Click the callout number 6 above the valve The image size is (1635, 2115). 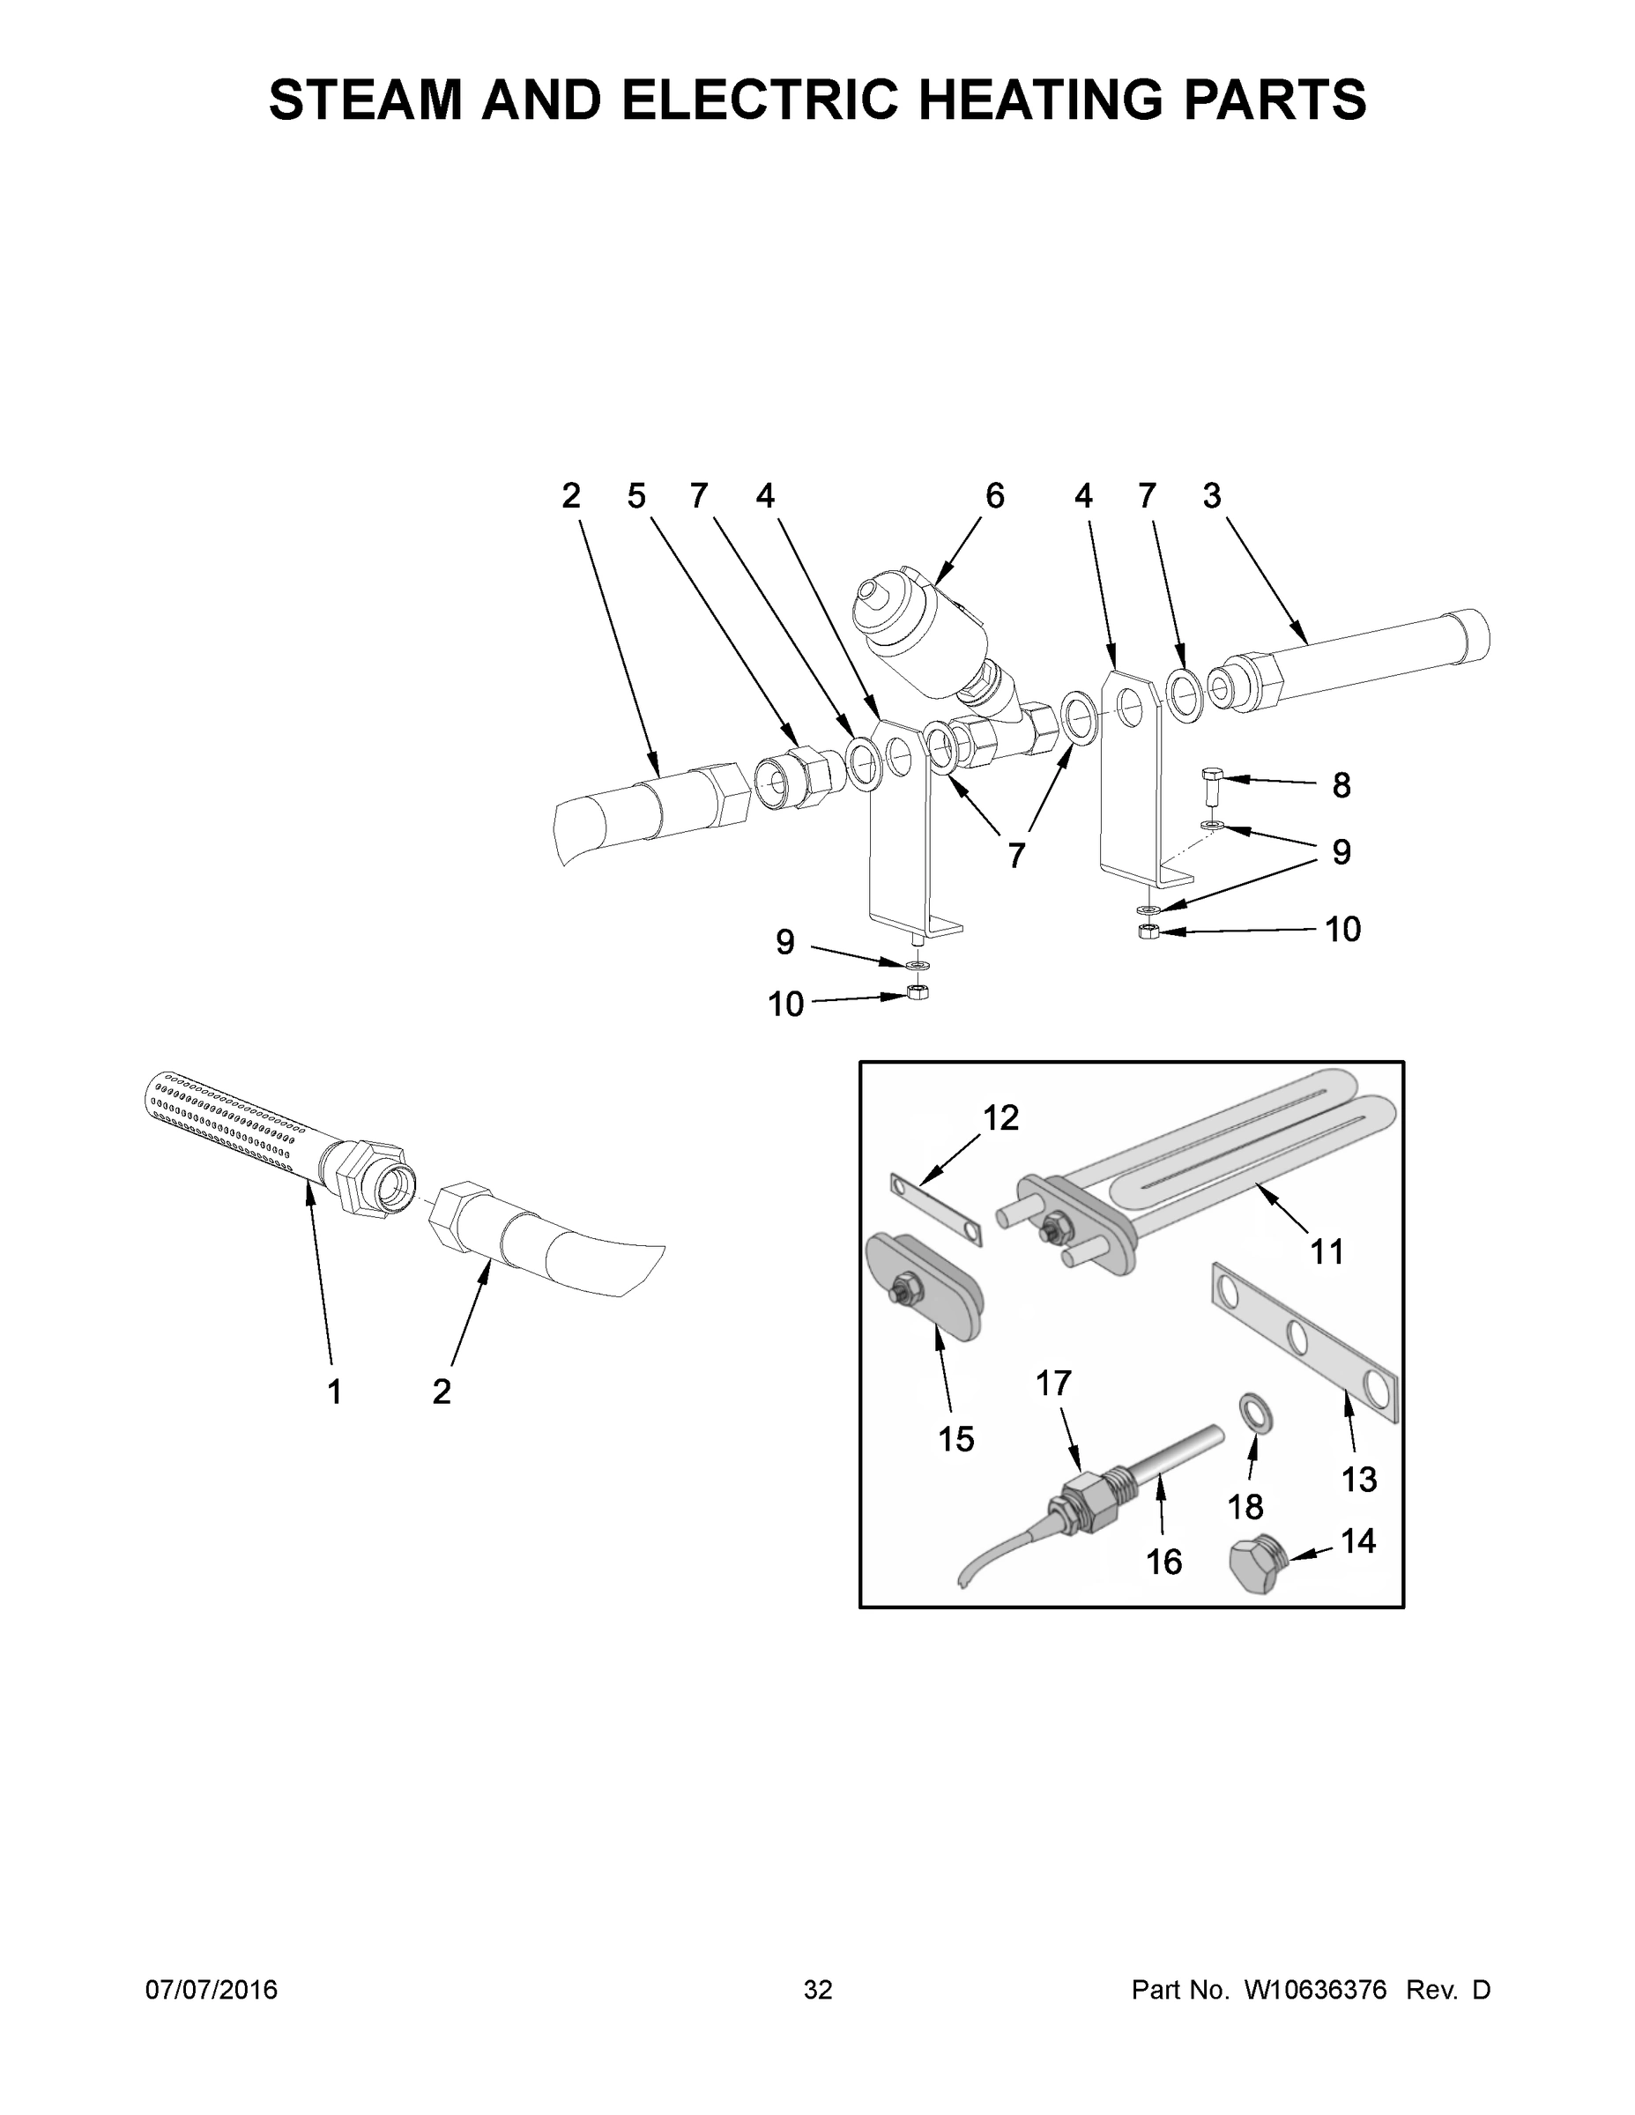995,497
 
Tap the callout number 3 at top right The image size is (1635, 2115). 1212,497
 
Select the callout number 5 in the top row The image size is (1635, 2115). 636,497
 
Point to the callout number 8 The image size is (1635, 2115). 1341,785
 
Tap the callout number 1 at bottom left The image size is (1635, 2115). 334,1392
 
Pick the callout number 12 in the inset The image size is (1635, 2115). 1000,1118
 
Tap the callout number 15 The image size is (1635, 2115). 956,1440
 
